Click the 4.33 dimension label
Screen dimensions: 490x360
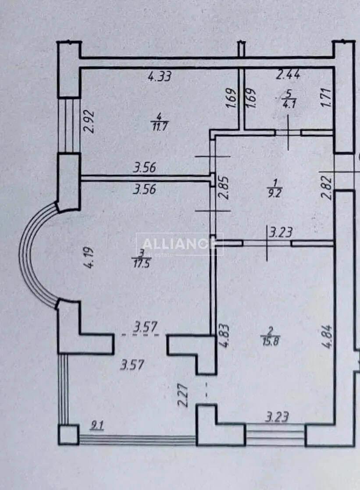click(160, 77)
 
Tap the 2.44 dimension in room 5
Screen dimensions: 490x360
click(288, 75)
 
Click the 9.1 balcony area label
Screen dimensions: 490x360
click(95, 425)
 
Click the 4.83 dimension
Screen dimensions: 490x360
click(223, 336)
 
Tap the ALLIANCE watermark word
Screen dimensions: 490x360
click(179, 245)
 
